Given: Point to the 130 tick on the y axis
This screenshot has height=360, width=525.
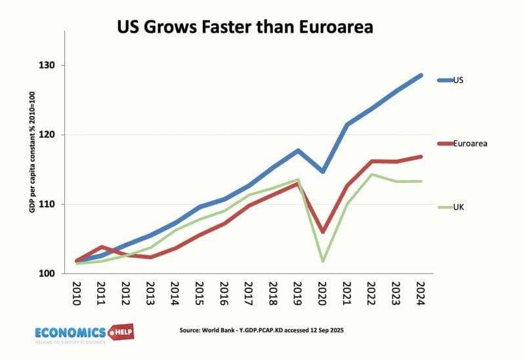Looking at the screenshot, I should click(x=47, y=66).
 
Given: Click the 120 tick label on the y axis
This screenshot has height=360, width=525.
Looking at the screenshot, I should click(x=47, y=135).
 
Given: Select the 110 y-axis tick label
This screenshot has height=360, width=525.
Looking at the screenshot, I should click(x=47, y=205).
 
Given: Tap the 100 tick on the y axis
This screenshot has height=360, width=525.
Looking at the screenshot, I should click(x=47, y=274).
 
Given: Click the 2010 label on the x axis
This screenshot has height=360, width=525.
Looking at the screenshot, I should click(x=76, y=295).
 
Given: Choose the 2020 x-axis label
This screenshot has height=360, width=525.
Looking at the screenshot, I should click(x=322, y=295).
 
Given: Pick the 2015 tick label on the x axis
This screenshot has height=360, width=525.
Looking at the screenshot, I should click(x=199, y=295).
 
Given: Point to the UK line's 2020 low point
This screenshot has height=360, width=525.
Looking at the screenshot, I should click(x=322, y=262).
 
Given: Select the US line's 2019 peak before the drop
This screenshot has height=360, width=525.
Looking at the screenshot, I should click(x=298, y=151).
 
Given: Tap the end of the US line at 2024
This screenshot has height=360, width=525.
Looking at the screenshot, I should click(x=421, y=75).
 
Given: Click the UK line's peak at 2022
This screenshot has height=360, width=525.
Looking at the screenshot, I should click(x=371, y=174).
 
